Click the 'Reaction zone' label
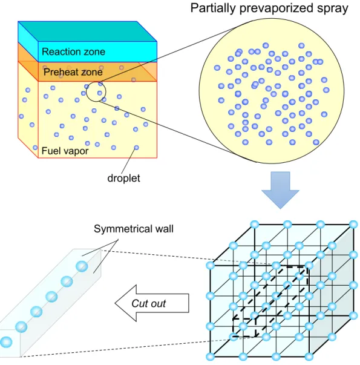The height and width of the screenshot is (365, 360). (73, 51)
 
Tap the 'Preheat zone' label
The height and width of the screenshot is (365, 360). (73, 72)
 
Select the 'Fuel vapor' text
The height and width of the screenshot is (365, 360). (65, 151)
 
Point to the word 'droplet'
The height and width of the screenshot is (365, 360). (123, 179)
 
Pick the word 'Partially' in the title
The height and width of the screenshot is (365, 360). (213, 8)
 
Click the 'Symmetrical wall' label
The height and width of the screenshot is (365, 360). (134, 229)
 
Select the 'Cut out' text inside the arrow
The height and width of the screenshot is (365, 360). (148, 303)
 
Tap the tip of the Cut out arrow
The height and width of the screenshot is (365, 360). (115, 303)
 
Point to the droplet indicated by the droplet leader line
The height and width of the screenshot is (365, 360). (136, 148)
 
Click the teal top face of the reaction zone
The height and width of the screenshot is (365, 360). (87, 31)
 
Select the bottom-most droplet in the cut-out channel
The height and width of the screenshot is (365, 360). (6, 342)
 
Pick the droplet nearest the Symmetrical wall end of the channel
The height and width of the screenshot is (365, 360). (82, 266)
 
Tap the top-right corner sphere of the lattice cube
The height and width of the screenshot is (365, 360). (353, 225)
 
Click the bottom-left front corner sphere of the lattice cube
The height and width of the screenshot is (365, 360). (210, 357)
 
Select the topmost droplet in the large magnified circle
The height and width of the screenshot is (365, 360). (266, 45)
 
